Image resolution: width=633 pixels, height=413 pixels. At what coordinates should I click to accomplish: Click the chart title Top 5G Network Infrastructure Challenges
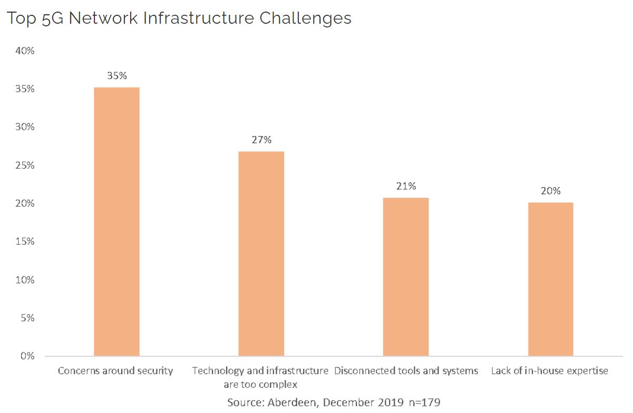point(179,18)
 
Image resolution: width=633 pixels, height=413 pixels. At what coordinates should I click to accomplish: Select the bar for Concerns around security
point(116,222)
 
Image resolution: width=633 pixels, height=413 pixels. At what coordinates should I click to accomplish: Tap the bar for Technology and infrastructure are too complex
point(261,253)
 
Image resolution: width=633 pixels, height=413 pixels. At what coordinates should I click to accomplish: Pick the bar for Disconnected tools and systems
point(406,276)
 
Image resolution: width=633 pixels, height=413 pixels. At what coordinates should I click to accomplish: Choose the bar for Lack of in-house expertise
point(550,279)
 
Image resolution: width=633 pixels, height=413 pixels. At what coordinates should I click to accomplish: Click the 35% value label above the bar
point(116,76)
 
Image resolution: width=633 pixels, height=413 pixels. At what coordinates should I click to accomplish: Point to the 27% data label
point(261,140)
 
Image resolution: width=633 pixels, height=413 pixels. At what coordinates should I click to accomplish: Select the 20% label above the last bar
point(550,191)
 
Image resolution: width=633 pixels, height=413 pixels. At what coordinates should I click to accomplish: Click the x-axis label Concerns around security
point(115,371)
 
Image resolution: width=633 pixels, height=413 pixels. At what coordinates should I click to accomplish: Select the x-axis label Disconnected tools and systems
point(406,371)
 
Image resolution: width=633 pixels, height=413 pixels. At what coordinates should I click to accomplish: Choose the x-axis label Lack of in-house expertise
point(549,371)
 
